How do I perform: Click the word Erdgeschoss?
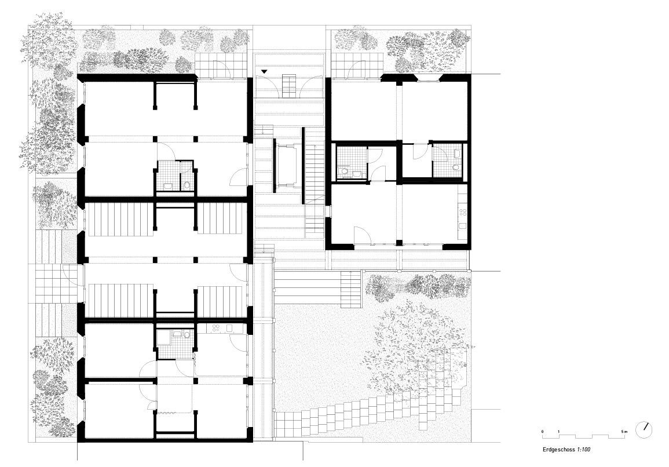coord(559,450)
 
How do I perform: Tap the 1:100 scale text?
coord(584,450)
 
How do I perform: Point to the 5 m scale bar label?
coord(624,432)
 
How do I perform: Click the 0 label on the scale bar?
coord(543,432)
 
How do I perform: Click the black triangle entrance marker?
coord(265,72)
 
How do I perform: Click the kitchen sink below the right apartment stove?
coord(462,226)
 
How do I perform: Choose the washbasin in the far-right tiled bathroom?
coord(458,151)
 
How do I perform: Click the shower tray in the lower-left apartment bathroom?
coord(163,337)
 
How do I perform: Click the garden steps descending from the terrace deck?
coord(350,290)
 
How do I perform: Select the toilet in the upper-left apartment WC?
coord(187,185)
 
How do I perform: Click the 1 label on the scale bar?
coord(558,432)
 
